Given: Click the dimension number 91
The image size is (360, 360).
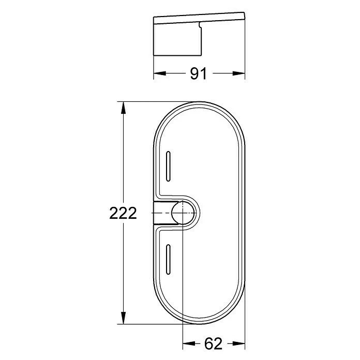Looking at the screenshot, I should pos(198,74).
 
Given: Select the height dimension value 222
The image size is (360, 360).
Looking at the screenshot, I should pos(123,213).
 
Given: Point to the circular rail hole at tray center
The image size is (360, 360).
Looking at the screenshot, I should pos(184,212).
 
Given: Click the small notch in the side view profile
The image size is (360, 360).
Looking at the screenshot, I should pos(200,25).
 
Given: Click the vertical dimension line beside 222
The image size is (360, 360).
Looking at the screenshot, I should pos(123,155).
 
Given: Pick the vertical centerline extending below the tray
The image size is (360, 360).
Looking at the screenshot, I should pos(184,334).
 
